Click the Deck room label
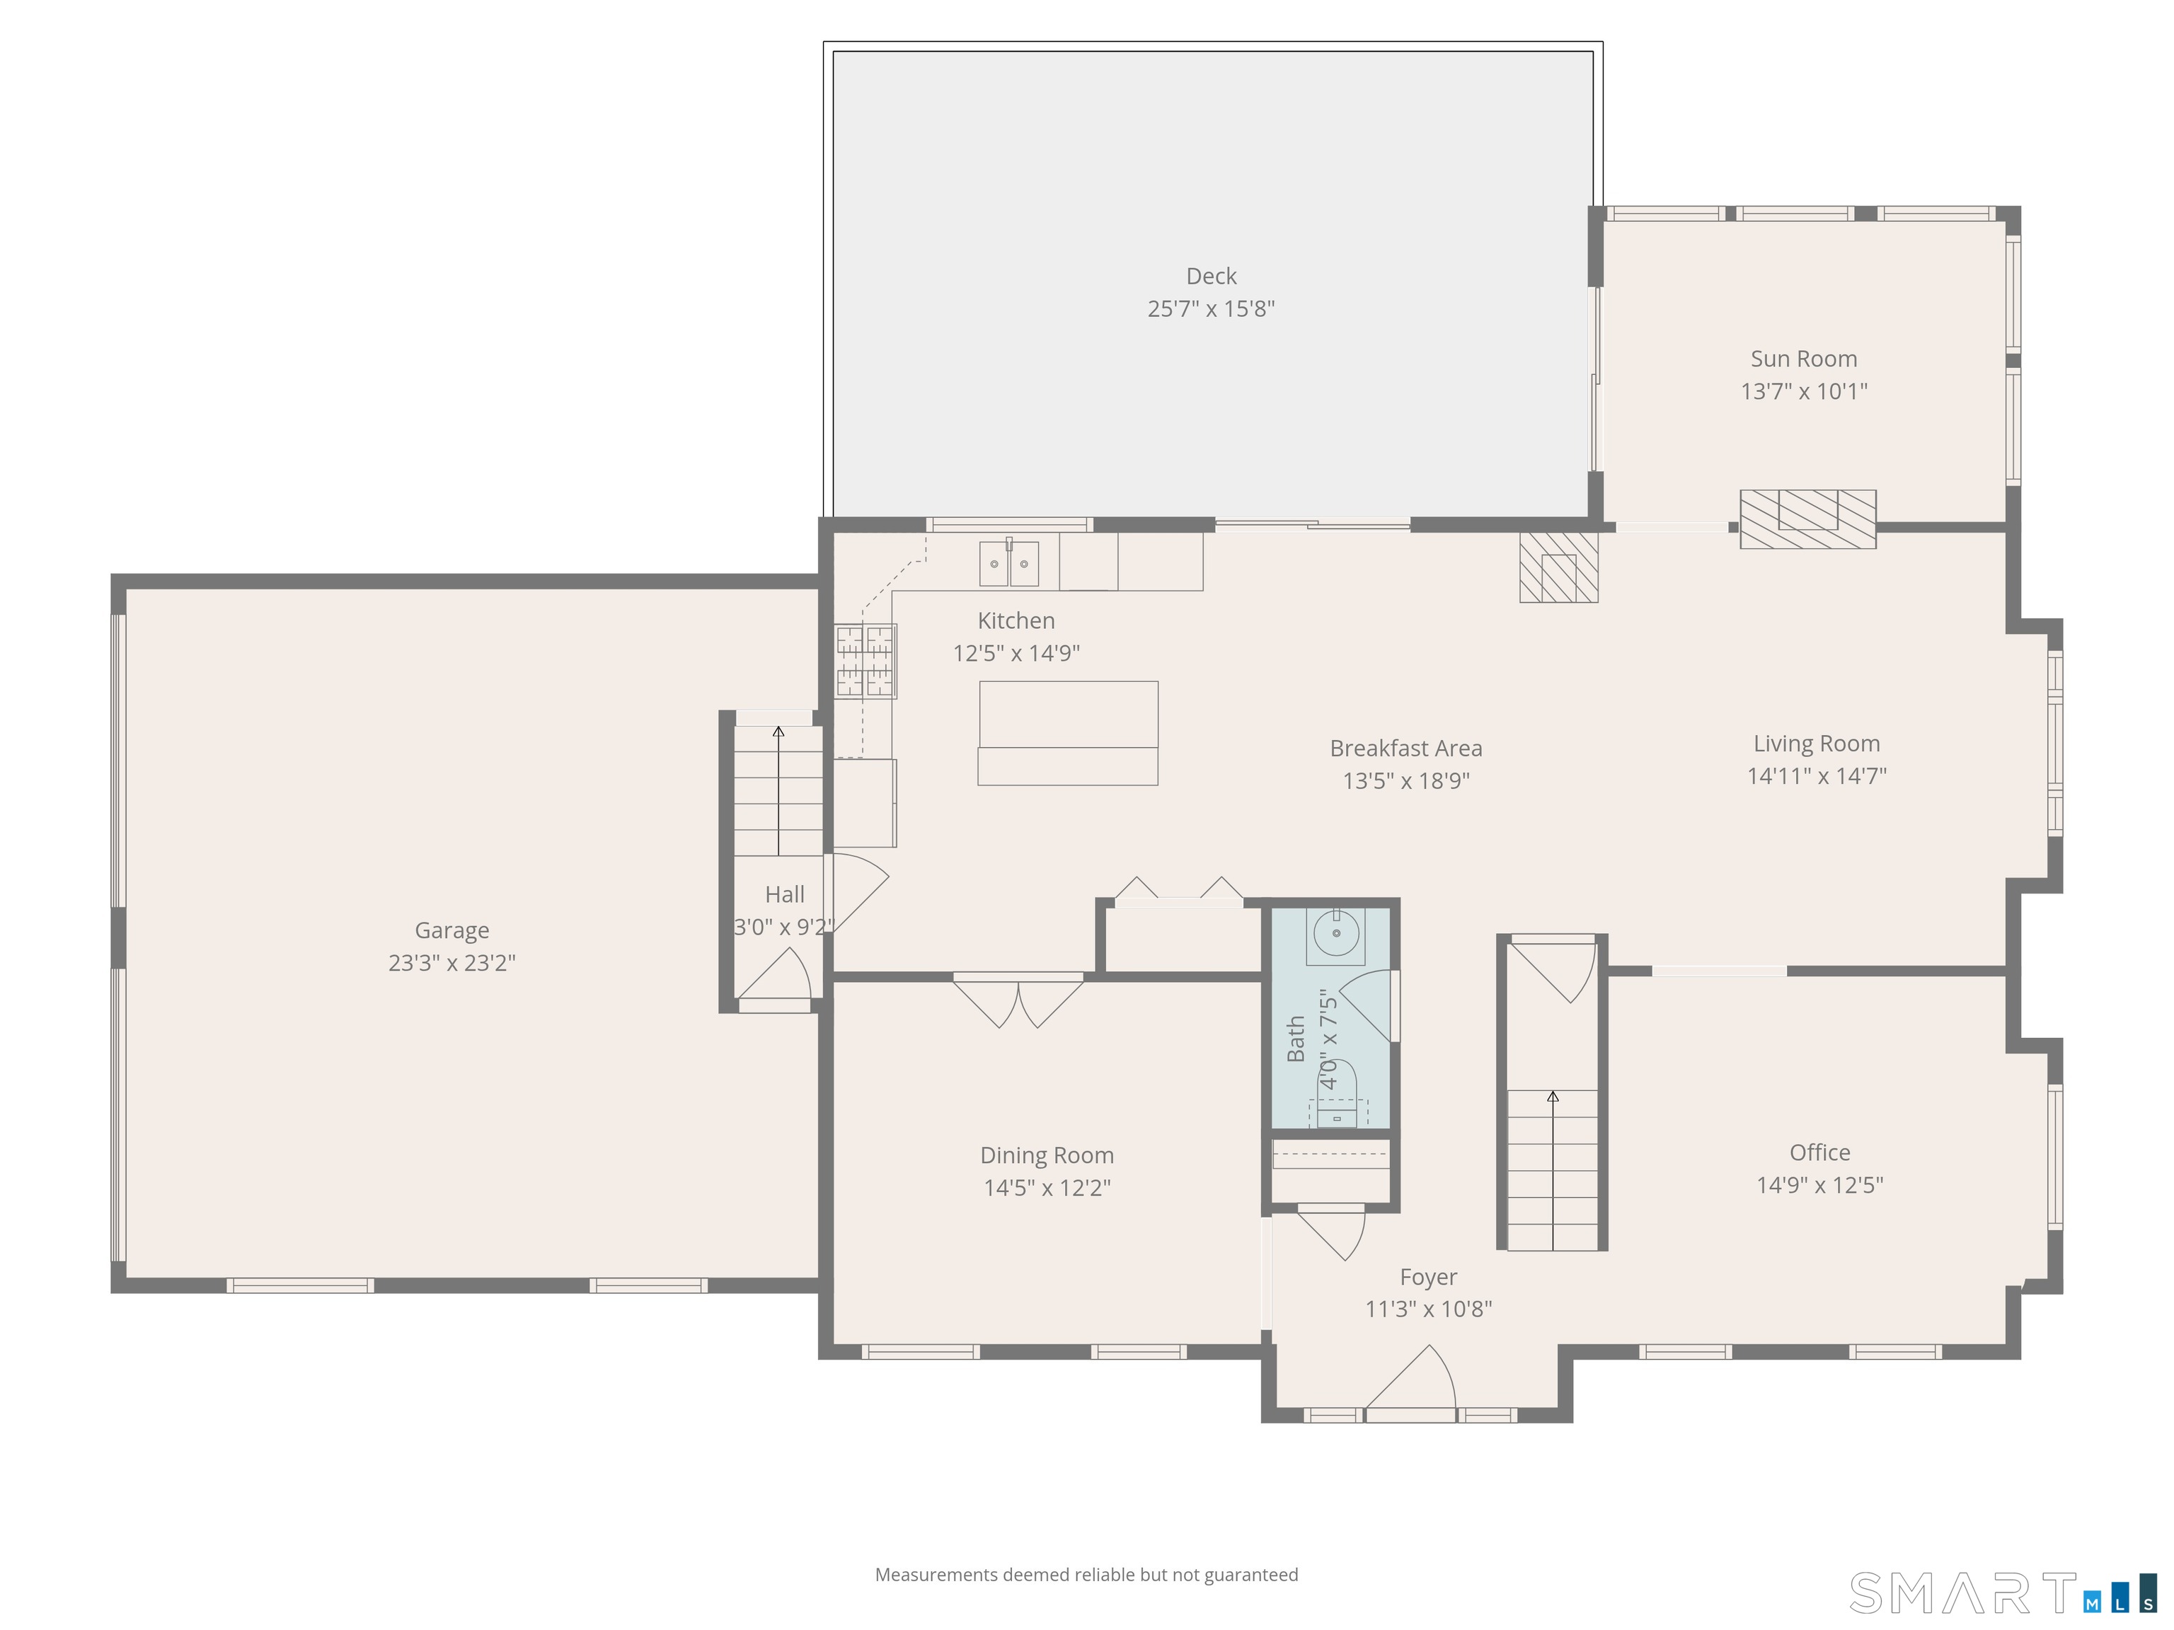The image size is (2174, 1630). click(x=1211, y=276)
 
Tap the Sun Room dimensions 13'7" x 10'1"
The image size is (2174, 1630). click(x=1803, y=391)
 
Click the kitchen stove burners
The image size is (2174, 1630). click(x=865, y=660)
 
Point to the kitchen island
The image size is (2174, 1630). click(x=1067, y=733)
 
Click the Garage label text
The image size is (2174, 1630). click(x=452, y=930)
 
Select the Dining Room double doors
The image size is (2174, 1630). click(x=1018, y=1001)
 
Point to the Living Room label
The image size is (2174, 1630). click(x=1816, y=744)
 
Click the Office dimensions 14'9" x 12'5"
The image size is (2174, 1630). click(x=1819, y=1185)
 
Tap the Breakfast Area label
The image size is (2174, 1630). click(x=1405, y=748)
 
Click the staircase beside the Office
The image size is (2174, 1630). click(x=1553, y=1169)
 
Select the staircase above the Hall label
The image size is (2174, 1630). click(x=778, y=791)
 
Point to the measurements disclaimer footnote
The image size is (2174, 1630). click(x=1086, y=1575)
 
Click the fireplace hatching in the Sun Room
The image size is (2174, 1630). click(x=1807, y=519)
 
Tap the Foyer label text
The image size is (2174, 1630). click(x=1428, y=1277)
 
